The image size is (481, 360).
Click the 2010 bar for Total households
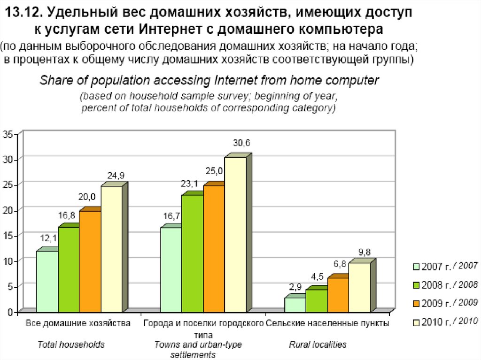111,249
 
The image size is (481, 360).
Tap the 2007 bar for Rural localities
295,305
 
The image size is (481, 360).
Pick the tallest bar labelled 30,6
235,235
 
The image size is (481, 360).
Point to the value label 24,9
116,176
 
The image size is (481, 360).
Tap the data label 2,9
295,286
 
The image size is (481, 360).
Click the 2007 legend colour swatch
416,267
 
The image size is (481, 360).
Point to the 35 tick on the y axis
9,135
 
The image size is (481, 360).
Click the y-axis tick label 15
9,235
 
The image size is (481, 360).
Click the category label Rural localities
318,345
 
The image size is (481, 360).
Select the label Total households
71,345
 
